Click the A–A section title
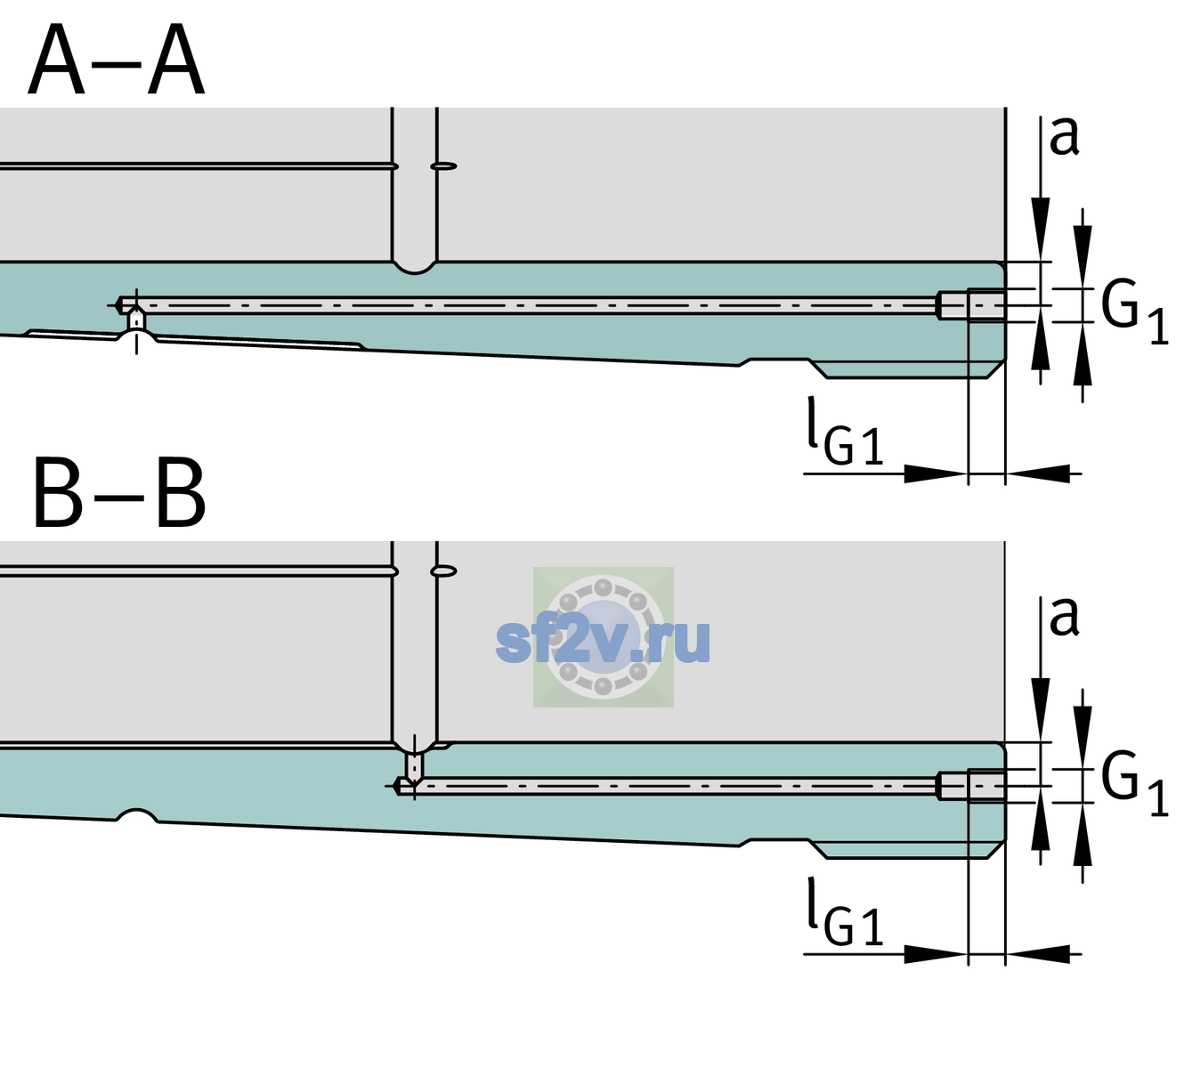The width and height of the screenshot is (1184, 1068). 117,60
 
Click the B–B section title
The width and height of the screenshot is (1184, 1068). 119,493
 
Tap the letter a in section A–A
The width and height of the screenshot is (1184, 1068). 1064,137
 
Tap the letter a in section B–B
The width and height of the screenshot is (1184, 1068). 1064,617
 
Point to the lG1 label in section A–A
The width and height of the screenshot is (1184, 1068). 845,431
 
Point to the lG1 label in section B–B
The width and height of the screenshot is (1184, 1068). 845,911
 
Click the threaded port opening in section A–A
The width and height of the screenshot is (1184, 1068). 971,305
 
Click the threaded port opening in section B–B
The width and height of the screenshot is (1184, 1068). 971,786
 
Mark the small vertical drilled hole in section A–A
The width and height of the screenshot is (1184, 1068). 136,320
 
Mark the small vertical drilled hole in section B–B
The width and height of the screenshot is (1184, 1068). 415,766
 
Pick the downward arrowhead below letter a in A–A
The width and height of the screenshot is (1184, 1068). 1041,227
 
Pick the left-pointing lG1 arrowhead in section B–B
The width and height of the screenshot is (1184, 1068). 1038,954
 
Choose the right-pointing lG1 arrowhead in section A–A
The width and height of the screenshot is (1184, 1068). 937,473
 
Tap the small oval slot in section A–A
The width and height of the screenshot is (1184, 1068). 443,166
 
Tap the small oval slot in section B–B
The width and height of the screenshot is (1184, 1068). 443,571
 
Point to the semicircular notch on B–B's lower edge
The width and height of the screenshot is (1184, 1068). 136,815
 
